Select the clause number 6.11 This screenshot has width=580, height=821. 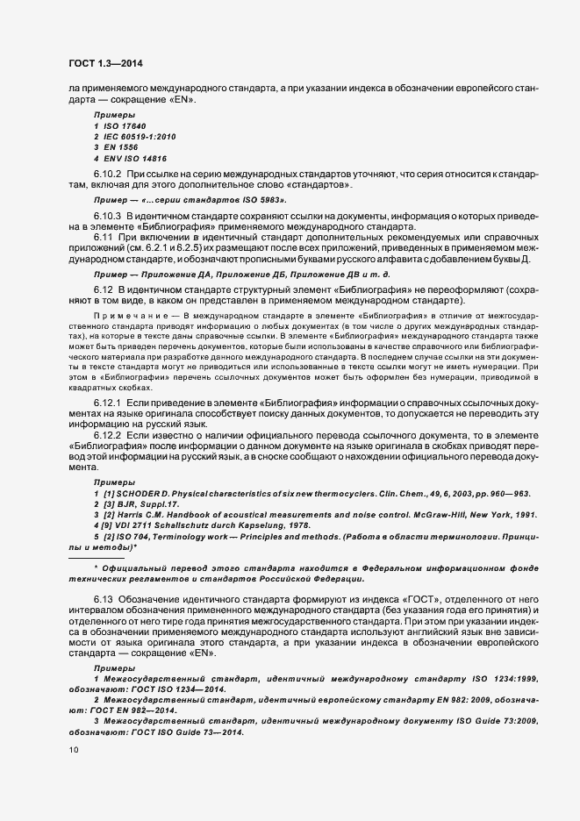(x=104, y=239)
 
